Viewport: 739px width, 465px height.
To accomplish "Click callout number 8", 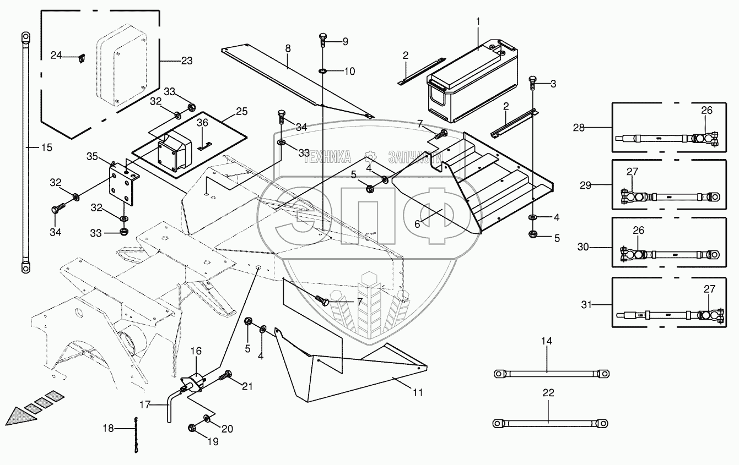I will [x=288, y=48].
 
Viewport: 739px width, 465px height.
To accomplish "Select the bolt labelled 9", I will [x=323, y=41].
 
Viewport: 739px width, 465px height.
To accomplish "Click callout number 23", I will [x=187, y=61].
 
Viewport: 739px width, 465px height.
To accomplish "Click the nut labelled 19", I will [x=193, y=428].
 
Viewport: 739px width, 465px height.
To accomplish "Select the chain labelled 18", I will [x=134, y=435].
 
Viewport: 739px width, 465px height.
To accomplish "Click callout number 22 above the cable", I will [x=549, y=393].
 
